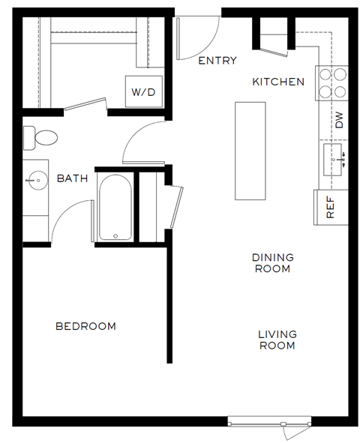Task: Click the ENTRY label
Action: point(217,61)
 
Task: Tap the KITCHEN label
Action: point(278,82)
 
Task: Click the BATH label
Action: point(73,178)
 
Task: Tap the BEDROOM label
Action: point(86,326)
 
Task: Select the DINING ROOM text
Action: point(271,262)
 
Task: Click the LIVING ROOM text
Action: point(277,340)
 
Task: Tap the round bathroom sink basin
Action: point(34,180)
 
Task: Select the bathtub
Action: point(115,208)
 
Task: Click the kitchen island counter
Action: point(250,150)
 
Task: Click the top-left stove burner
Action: point(326,76)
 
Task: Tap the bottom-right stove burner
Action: point(341,91)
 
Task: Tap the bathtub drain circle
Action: point(115,236)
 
